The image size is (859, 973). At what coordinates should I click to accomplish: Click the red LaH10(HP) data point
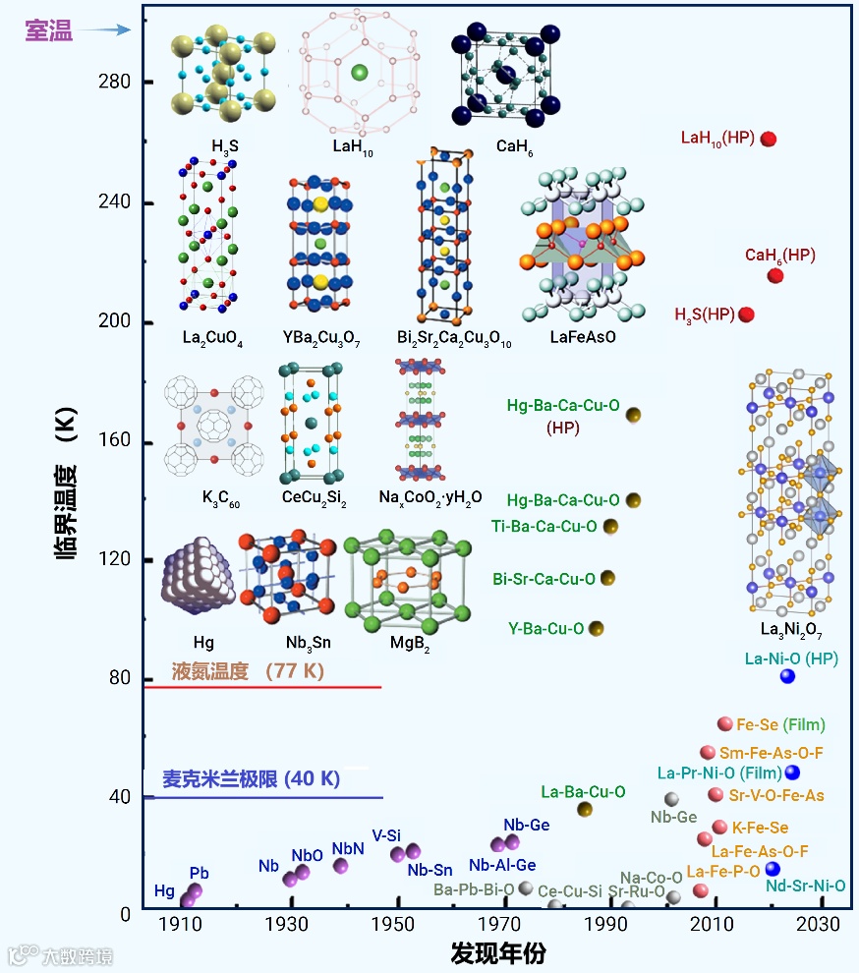(x=769, y=139)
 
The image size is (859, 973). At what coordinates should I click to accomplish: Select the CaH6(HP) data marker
(x=775, y=276)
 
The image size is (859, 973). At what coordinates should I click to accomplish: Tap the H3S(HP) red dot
(x=746, y=315)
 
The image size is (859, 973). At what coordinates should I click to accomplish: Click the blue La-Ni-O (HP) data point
(x=787, y=676)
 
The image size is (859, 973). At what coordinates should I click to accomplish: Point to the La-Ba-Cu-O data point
(x=585, y=810)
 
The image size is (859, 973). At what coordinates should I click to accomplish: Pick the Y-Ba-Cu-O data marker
(x=595, y=629)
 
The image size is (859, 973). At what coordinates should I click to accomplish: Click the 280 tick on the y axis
(x=116, y=83)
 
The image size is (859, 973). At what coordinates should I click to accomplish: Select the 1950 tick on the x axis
(x=396, y=925)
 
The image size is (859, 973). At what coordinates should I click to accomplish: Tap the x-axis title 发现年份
(x=498, y=953)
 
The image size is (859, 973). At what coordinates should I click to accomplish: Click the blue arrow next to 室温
(x=105, y=30)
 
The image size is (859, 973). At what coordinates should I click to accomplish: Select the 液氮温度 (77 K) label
(x=248, y=672)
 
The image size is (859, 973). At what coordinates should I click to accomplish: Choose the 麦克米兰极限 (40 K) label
(x=251, y=779)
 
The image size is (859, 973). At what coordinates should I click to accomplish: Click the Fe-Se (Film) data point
(x=725, y=724)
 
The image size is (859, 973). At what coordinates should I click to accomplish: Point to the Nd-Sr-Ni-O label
(x=806, y=886)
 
